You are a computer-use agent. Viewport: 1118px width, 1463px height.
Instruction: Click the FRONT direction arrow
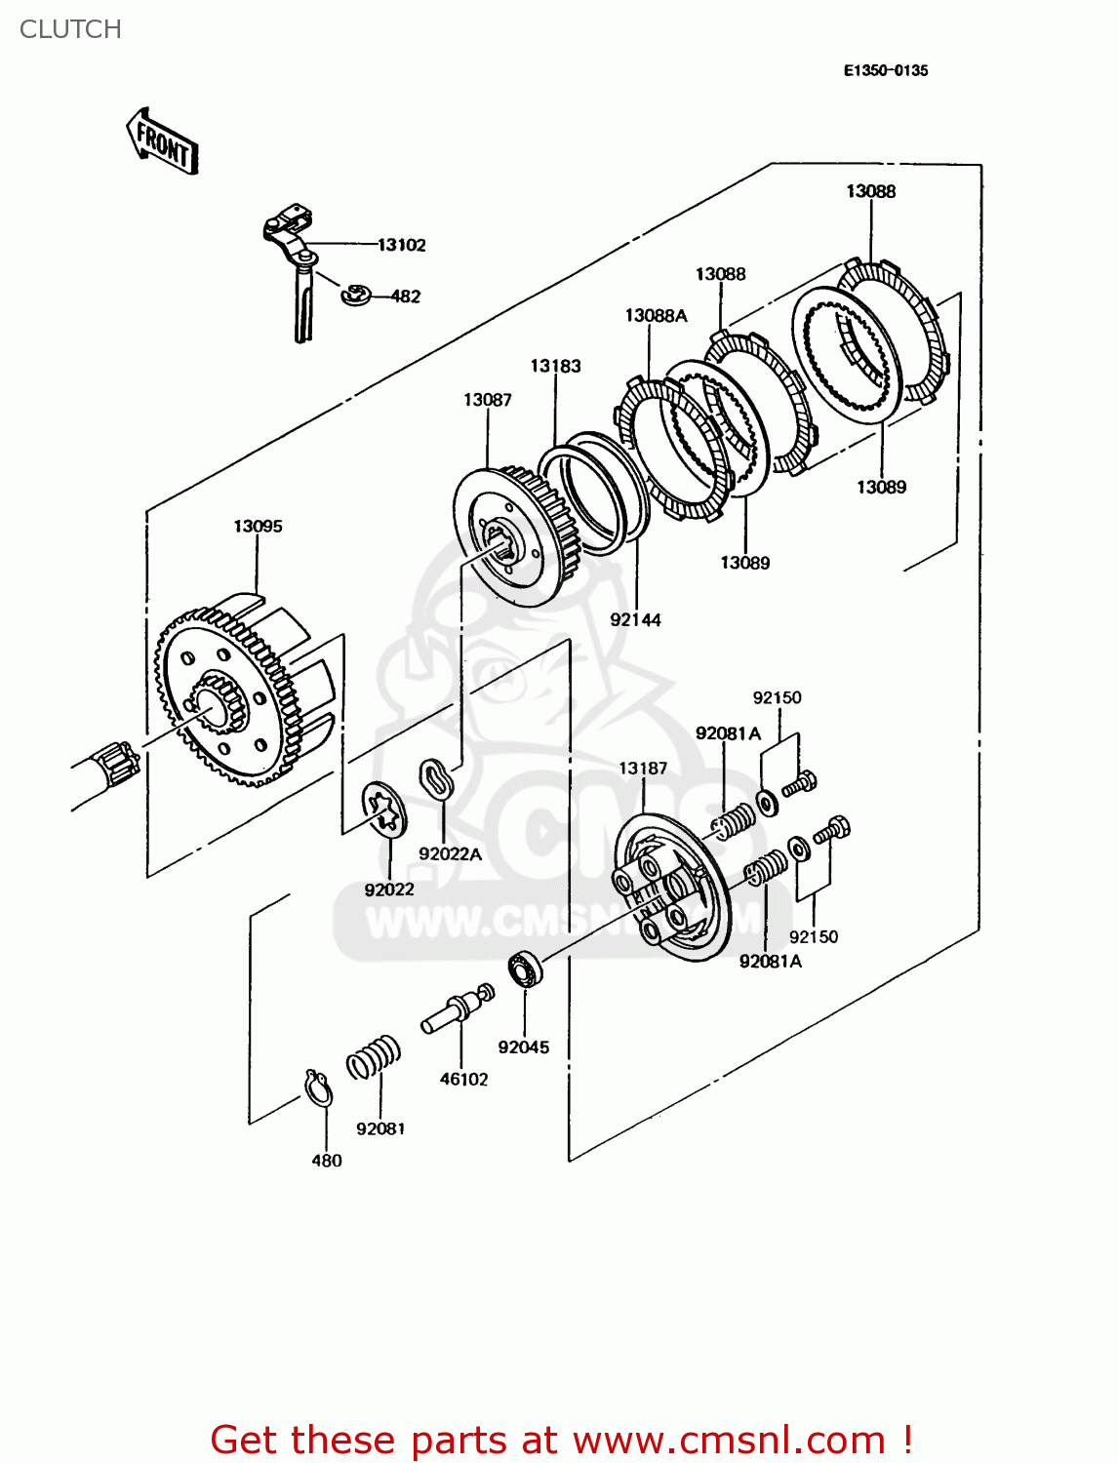point(163,142)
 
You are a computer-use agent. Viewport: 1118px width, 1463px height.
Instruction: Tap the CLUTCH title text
point(70,29)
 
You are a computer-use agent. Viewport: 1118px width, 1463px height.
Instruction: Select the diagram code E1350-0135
point(886,70)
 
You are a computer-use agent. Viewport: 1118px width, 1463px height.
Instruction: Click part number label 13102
point(402,245)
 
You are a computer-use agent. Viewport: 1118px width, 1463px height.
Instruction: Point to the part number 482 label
point(406,297)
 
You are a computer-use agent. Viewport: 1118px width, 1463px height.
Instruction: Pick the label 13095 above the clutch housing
point(258,527)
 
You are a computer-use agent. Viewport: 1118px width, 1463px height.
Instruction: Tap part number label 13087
point(488,400)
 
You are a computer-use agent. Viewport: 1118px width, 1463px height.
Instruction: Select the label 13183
point(555,366)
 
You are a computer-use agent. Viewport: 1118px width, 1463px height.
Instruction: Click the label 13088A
point(656,315)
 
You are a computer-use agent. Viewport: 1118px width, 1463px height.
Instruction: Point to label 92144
point(635,619)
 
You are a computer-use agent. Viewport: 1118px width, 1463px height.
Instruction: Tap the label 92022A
point(450,854)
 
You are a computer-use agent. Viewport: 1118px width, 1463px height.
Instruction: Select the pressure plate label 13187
point(643,769)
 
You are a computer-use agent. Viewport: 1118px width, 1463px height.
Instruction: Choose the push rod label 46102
point(463,1079)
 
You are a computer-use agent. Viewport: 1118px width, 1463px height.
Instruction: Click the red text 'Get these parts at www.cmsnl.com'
point(561,1440)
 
